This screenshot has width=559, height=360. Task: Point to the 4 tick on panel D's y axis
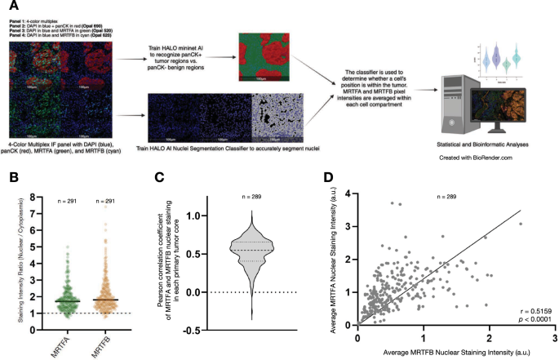(x=350, y=193)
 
